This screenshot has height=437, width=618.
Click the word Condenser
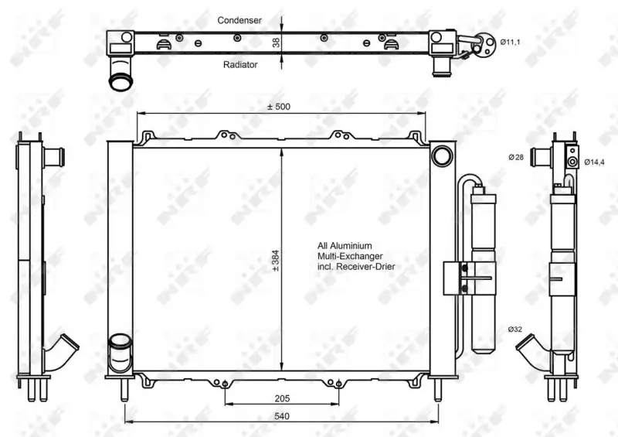coord(239,20)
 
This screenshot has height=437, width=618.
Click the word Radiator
coord(240,65)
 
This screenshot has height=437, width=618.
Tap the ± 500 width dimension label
coord(279,107)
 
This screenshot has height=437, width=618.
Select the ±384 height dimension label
coord(276,261)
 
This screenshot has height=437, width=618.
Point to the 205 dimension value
coord(282,398)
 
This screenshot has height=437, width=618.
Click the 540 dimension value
coord(282,416)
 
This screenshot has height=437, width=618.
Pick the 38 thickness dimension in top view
coord(276,43)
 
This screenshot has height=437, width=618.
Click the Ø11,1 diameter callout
coord(510,42)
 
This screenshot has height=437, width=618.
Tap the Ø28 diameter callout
coord(516,158)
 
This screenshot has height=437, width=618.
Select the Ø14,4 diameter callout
coord(594,162)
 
